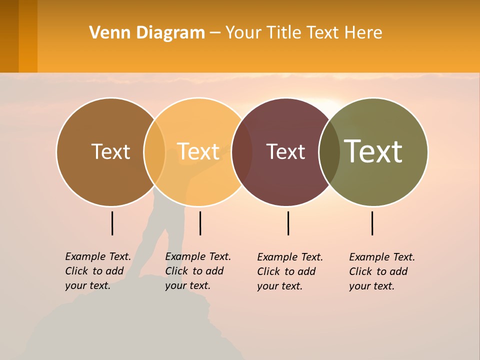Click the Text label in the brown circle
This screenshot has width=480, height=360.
[x=110, y=152]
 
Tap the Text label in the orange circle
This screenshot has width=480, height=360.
[x=198, y=152]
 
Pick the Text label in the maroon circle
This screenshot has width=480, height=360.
[x=285, y=152]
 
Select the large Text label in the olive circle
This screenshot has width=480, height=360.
[x=373, y=152]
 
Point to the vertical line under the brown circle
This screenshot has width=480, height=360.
[x=112, y=223]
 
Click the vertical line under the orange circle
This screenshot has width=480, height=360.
[x=200, y=223]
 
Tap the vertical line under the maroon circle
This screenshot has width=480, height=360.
[x=288, y=223]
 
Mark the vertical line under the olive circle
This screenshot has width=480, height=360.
[x=372, y=223]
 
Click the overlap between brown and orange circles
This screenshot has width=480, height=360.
[x=154, y=152]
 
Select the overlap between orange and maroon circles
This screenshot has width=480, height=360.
[x=242, y=152]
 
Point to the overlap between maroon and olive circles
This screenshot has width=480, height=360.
[x=329, y=152]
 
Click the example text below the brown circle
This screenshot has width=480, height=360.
[x=98, y=271]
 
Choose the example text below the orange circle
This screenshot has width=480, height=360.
[x=198, y=271]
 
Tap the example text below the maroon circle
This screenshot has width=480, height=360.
[x=290, y=271]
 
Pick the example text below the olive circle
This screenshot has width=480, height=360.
[x=382, y=271]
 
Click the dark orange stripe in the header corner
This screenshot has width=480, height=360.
[x=28, y=36]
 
